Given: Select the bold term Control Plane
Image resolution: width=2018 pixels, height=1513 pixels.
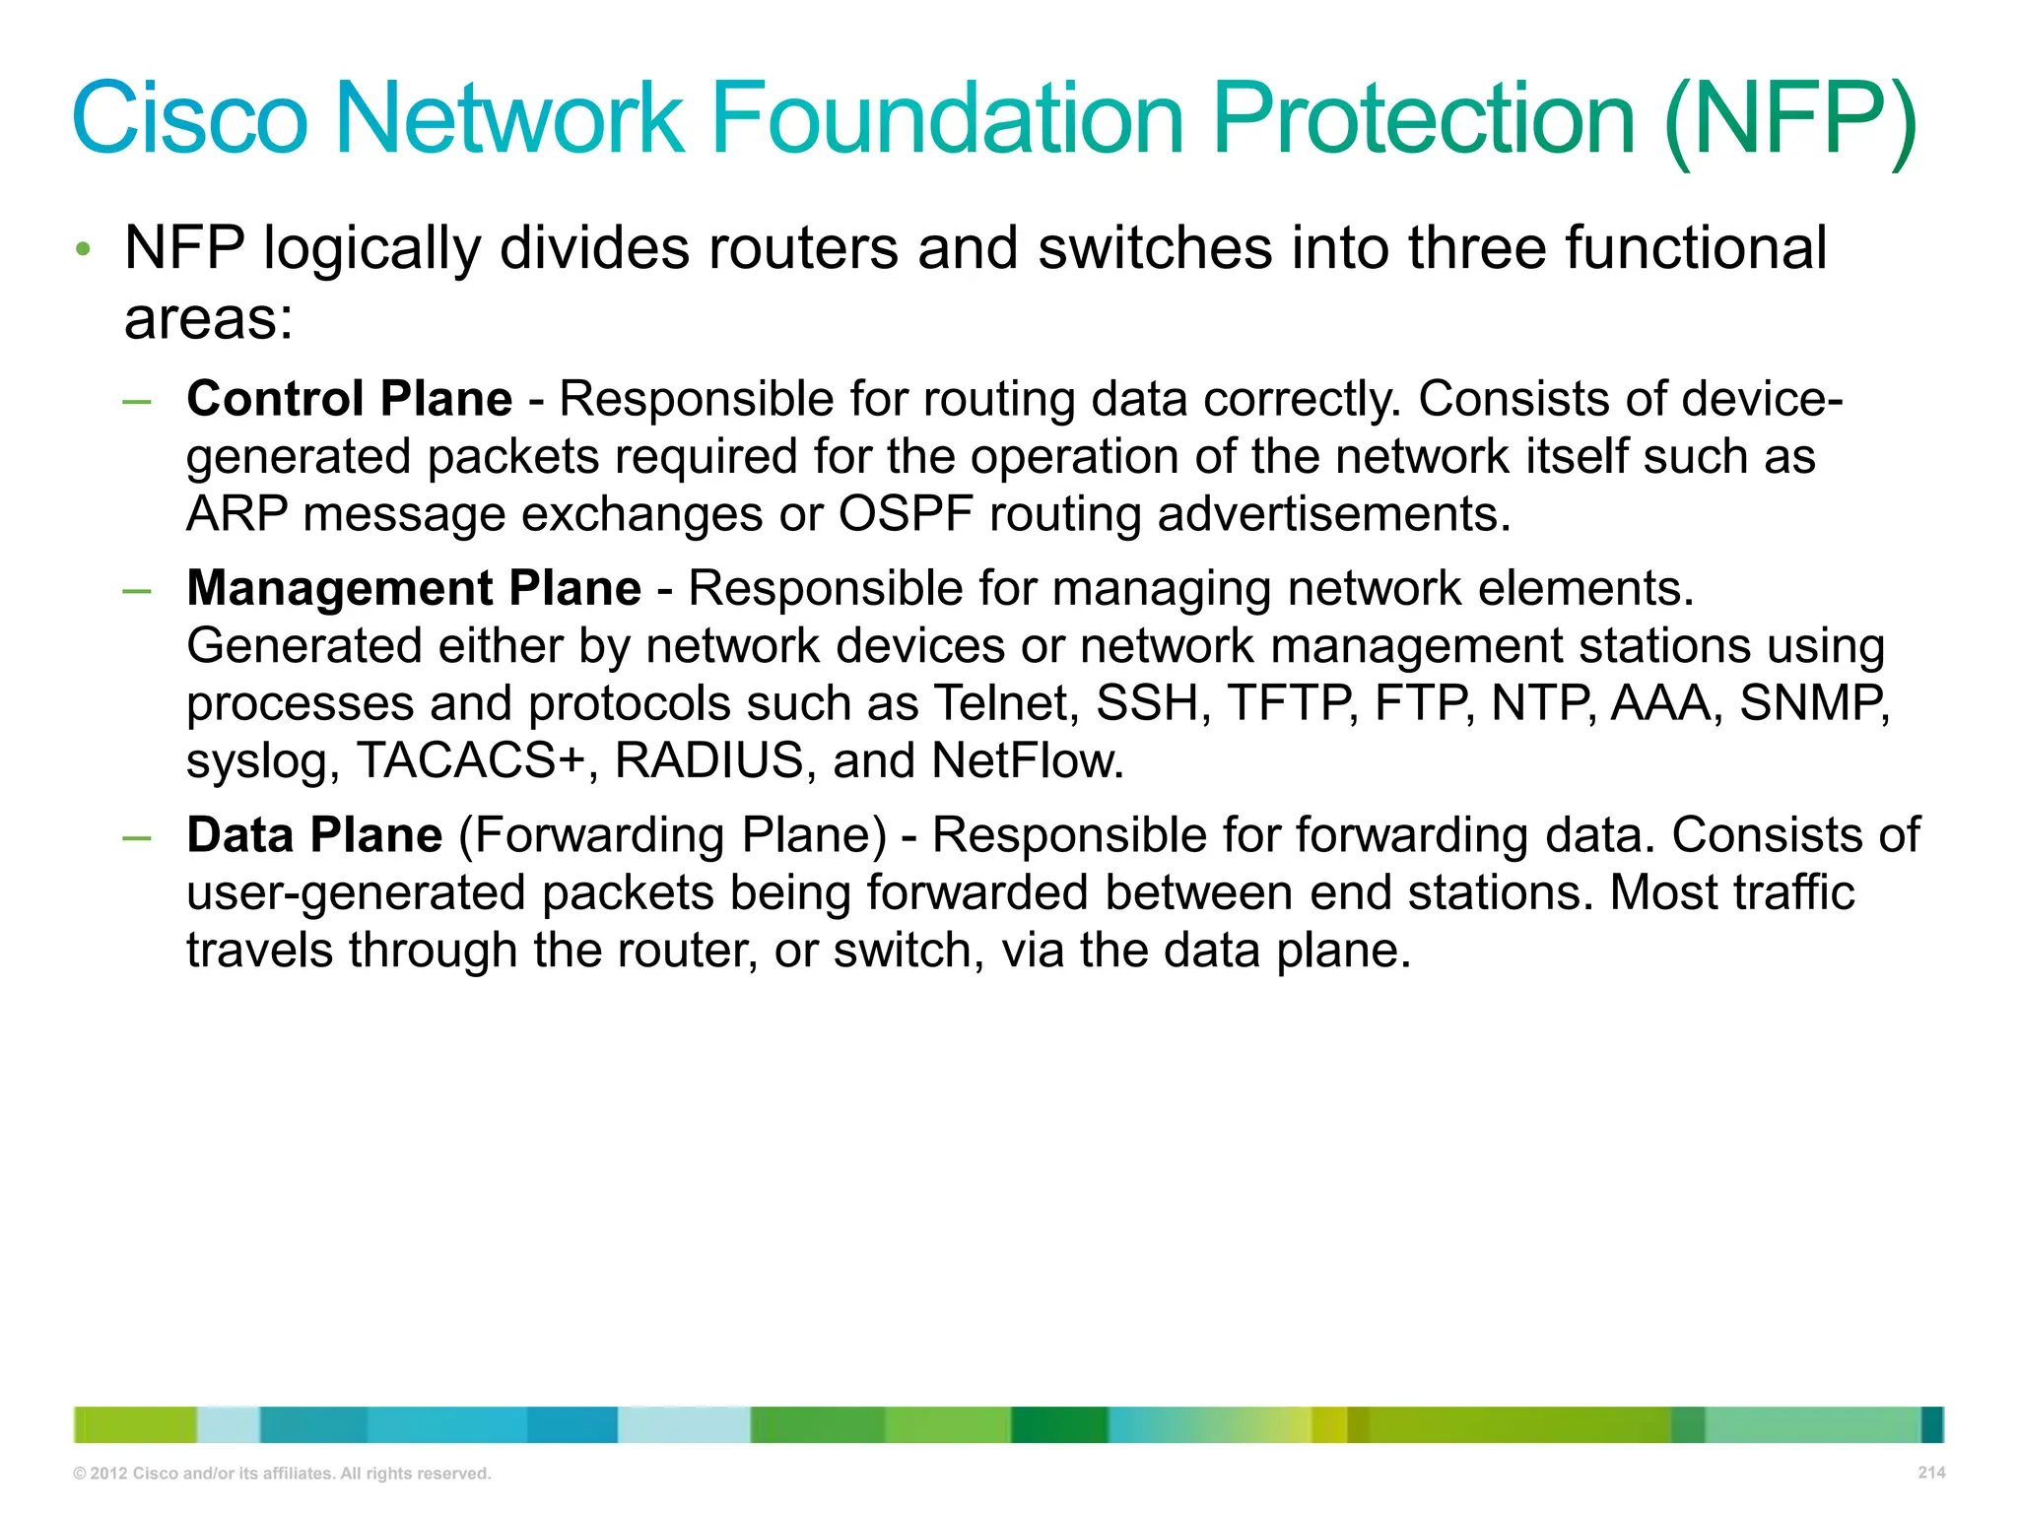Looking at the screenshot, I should [x=350, y=400].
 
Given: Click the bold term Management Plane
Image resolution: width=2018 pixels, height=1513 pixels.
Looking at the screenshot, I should [x=414, y=589].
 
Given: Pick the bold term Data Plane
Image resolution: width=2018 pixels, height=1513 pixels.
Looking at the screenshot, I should [x=314, y=836].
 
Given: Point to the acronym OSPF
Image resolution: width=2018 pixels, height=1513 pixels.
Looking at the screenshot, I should [x=906, y=515].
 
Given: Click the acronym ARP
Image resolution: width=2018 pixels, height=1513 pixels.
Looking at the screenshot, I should [x=236, y=515].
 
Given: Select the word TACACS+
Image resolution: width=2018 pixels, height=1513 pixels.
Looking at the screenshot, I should [x=471, y=761].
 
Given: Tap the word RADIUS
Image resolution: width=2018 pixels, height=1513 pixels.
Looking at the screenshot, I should [x=709, y=761].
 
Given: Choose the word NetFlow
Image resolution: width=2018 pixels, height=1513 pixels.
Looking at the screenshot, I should [x=1027, y=761].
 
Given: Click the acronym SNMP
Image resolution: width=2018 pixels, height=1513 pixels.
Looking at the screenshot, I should [x=1811, y=704].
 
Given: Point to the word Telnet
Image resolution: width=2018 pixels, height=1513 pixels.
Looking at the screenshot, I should [x=1004, y=704].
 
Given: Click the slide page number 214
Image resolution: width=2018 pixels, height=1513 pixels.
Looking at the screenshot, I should [x=1931, y=1473].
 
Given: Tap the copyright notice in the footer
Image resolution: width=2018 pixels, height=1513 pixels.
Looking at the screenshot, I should [x=282, y=1474].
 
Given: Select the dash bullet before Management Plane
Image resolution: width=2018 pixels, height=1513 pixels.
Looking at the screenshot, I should [x=137, y=591].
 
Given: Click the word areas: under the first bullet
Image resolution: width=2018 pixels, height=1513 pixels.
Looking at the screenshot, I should [x=209, y=320].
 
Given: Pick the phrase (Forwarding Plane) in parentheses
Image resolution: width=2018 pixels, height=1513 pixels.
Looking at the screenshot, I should [x=673, y=836].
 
